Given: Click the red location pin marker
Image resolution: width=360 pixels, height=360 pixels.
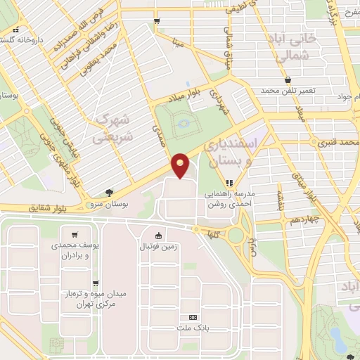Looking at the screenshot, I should point(181,166).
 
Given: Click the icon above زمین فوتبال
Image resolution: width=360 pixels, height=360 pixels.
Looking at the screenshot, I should point(159,236).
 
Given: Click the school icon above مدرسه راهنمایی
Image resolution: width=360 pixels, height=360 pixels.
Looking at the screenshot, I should point(228,182).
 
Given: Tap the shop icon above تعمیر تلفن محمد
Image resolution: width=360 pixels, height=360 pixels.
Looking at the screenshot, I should point(288,80).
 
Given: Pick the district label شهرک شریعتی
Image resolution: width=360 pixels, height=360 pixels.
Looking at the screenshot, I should point(112,129).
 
